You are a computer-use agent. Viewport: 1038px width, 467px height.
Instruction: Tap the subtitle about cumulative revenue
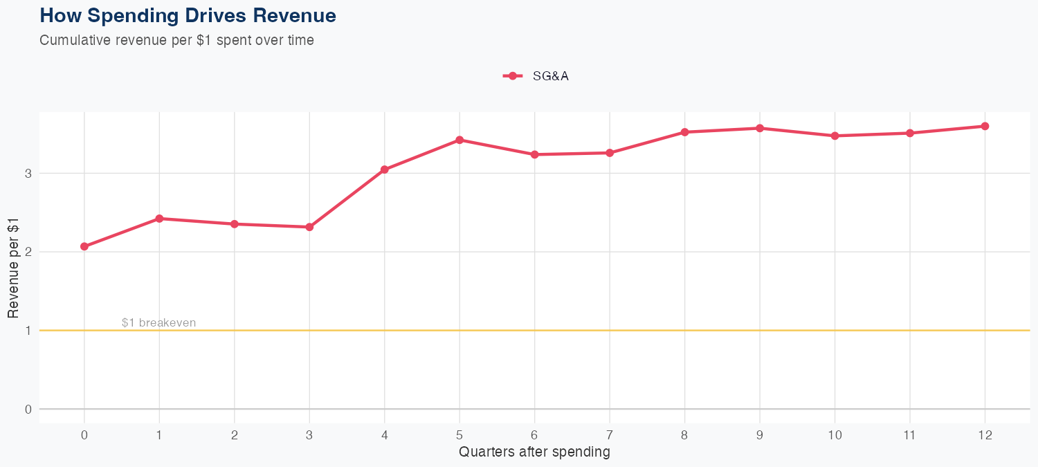(177, 40)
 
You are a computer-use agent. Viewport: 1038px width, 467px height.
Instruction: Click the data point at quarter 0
(84, 246)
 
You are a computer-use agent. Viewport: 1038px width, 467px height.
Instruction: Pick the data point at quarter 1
(159, 219)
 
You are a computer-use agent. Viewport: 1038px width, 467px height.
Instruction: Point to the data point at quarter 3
(309, 227)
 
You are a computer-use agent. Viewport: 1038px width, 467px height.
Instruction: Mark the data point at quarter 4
(385, 170)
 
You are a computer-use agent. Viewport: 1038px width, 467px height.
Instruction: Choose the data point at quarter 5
(459, 140)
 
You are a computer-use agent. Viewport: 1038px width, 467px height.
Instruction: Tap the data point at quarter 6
(534, 154)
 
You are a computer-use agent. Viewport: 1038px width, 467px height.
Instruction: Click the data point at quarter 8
(684, 132)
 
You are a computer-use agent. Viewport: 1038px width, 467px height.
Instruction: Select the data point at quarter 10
(835, 136)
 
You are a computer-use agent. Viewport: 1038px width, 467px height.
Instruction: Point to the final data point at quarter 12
(985, 126)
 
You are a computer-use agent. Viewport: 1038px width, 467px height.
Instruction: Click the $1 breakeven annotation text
(158, 322)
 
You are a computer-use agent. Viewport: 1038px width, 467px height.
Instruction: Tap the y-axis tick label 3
(28, 173)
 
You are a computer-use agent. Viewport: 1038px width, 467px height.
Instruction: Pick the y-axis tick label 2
(28, 252)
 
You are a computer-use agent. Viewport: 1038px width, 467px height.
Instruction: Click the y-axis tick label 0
(28, 409)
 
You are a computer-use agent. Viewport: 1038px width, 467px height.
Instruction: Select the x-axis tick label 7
(610, 435)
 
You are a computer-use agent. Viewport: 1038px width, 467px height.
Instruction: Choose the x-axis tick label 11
(909, 435)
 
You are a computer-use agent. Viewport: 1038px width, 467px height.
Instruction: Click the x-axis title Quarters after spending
(534, 452)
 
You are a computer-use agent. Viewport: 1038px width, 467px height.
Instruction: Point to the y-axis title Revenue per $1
(13, 266)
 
